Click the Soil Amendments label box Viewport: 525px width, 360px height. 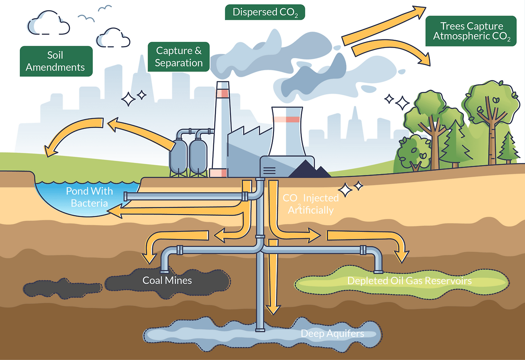click(56, 61)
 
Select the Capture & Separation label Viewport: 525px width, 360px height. click(178, 57)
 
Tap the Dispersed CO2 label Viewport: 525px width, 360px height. click(265, 12)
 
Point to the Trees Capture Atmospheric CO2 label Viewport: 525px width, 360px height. click(471, 31)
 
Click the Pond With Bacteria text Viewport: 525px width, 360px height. click(89, 197)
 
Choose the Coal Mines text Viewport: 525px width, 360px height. click(167, 281)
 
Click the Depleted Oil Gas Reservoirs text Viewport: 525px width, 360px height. click(409, 281)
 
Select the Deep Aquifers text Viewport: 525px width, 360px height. click(332, 333)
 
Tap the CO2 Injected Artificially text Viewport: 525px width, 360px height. click(311, 204)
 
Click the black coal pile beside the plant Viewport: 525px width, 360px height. click(309, 170)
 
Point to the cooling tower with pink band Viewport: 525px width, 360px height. click(287, 131)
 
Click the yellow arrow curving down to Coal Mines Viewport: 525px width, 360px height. click(164, 242)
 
